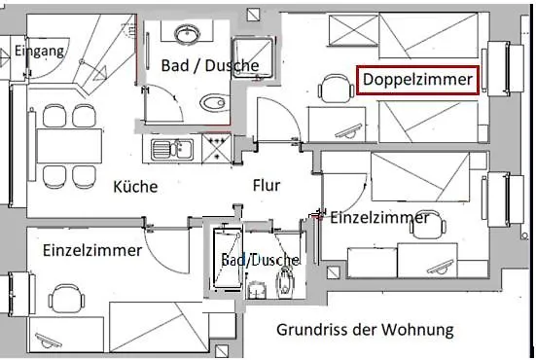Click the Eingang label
tap(41, 52)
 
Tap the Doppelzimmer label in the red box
tap(417, 79)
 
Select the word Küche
tap(134, 187)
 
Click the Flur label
tap(267, 185)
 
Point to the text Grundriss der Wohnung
tap(364, 330)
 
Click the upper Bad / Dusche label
tap(203, 66)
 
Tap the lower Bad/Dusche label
tap(258, 261)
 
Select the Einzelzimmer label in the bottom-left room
tap(92, 250)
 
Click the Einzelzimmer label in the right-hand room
tap(379, 218)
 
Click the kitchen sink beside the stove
tap(170, 150)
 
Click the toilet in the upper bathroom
tap(210, 103)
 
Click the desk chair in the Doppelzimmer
tap(336, 93)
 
